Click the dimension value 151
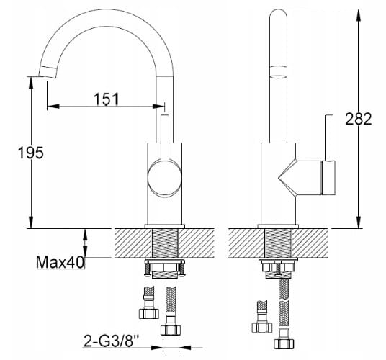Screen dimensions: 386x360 coord(107,99)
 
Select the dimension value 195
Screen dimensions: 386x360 coord(30,153)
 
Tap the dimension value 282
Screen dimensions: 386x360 coord(358,119)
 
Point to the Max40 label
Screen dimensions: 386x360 coord(60,262)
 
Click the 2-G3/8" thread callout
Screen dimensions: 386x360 coord(111,341)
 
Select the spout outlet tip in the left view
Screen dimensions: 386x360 coord(48,72)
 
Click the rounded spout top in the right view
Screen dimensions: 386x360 coord(279,15)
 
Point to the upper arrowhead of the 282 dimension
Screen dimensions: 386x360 coord(359,15)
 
